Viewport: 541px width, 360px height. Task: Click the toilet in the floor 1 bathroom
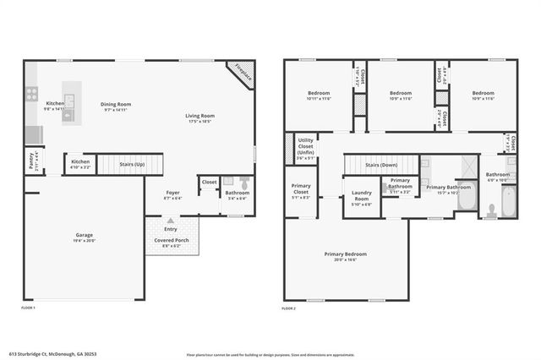click(x=243, y=183)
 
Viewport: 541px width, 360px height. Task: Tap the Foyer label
click(x=172, y=193)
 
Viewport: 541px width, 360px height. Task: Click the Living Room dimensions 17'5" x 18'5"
click(x=200, y=122)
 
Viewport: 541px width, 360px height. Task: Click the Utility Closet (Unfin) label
click(x=306, y=147)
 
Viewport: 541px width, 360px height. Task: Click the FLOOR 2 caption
click(x=289, y=308)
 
